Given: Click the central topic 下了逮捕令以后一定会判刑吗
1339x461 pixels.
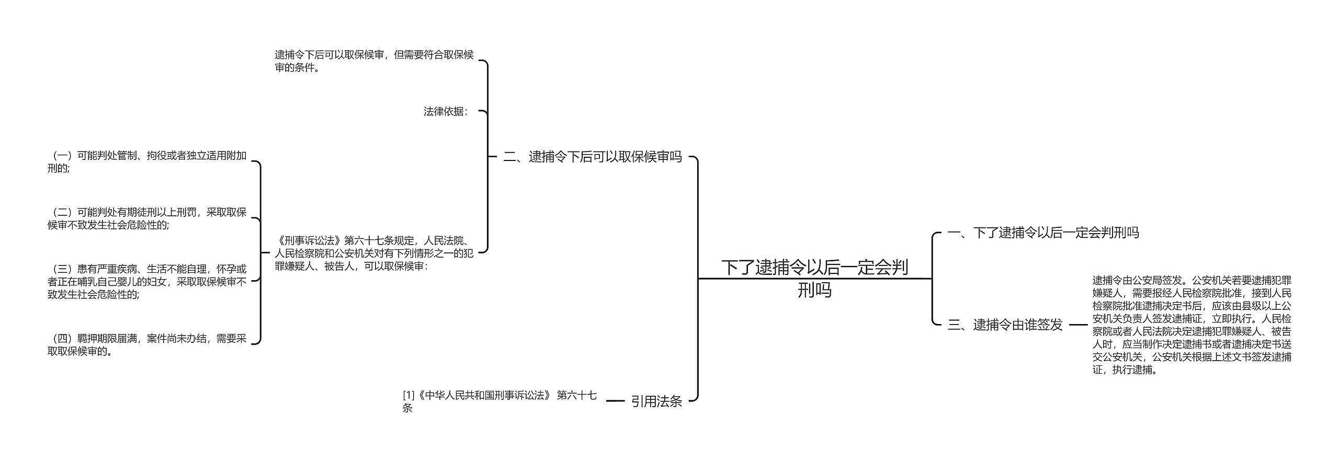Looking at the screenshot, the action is (814, 278).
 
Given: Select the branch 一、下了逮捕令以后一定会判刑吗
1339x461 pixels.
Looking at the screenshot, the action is (1043, 233).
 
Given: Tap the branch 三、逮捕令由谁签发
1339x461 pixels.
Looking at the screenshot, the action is (1005, 325).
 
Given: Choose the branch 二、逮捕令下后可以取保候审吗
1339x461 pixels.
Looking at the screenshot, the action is (592, 156).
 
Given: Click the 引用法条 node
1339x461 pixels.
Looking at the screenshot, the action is (656, 401).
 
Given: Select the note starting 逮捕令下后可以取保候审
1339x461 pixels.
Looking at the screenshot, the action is (374, 61).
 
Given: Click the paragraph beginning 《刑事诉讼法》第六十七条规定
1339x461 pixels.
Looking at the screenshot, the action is (374, 253).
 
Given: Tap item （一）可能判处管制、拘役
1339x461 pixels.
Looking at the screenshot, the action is (147, 162).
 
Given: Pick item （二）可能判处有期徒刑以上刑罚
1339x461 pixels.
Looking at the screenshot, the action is (147, 218).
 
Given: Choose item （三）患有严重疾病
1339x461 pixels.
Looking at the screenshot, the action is (147, 281).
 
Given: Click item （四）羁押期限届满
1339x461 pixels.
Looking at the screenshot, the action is (147, 344).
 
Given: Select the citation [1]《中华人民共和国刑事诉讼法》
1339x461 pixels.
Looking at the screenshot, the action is (500, 401).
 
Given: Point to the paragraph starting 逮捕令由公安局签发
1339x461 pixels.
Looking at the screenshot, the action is (1192, 325).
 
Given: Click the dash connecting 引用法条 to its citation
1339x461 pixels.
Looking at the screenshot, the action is (615, 401).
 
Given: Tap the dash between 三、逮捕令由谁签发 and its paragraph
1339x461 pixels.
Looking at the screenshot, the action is (1078, 325).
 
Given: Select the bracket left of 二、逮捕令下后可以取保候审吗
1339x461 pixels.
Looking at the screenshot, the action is (487, 157).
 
